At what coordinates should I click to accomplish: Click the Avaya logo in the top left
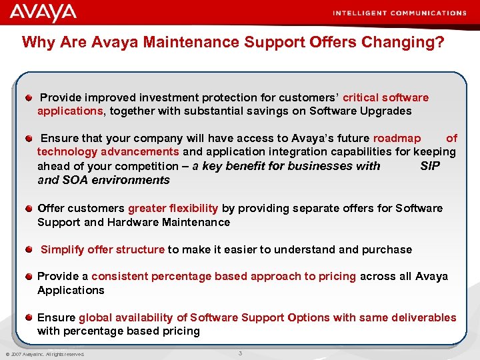coord(43,12)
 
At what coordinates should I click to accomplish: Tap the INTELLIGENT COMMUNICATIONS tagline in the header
coord(399,13)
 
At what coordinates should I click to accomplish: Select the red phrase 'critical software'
coord(385,97)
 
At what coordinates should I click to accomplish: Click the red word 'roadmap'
coord(397,138)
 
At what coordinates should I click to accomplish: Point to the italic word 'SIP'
coord(430,166)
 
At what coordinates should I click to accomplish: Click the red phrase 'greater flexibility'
coord(173,208)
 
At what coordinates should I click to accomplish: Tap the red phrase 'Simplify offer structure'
coord(103,249)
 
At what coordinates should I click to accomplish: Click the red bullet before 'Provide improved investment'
coord(29,98)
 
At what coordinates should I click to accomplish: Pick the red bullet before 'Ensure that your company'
coord(29,139)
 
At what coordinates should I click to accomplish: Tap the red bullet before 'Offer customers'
coord(29,208)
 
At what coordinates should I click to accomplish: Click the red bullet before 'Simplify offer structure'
coord(29,249)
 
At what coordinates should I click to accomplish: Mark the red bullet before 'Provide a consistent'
coord(29,276)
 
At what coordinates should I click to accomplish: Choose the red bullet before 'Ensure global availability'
coord(29,317)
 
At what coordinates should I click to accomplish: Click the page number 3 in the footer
coord(241,353)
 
